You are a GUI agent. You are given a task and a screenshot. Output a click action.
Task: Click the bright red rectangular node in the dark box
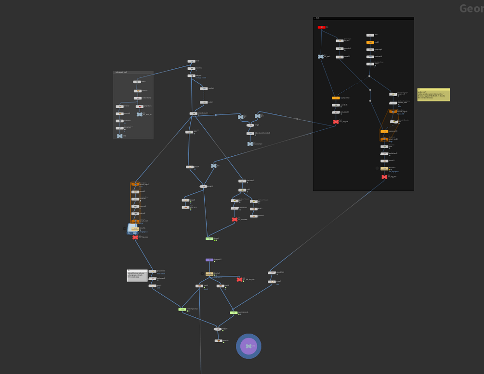tap(321, 27)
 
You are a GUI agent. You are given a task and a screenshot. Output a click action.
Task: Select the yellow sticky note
tap(433, 95)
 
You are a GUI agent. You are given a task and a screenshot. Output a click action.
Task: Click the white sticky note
tap(137, 275)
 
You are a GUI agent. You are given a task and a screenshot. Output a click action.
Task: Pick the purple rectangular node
tap(209, 260)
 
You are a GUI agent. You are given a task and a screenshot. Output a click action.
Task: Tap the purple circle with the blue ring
tap(249, 346)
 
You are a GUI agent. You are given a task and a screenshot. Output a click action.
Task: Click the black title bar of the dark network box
tap(363, 19)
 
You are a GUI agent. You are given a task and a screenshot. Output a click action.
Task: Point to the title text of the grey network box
tap(121, 73)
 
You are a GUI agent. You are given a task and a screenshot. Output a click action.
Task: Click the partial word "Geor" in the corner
tap(471, 9)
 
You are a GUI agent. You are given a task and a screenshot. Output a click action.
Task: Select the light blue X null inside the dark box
tap(321, 57)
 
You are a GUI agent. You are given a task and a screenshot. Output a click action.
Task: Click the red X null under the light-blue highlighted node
tap(135, 237)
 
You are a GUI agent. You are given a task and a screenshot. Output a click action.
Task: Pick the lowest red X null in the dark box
tap(384, 177)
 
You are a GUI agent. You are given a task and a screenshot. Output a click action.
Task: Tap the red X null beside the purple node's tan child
tap(239, 279)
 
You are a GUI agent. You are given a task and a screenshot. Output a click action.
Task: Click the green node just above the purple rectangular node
tap(209, 238)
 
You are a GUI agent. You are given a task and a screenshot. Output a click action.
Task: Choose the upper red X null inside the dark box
tap(336, 122)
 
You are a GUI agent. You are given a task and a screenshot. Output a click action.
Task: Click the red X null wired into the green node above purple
tap(235, 220)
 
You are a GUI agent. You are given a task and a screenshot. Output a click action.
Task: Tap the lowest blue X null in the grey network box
tap(119, 136)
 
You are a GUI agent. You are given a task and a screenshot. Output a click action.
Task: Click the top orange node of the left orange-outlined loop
tap(135, 184)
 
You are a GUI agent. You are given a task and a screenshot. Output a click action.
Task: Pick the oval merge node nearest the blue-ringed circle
tap(218, 329)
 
